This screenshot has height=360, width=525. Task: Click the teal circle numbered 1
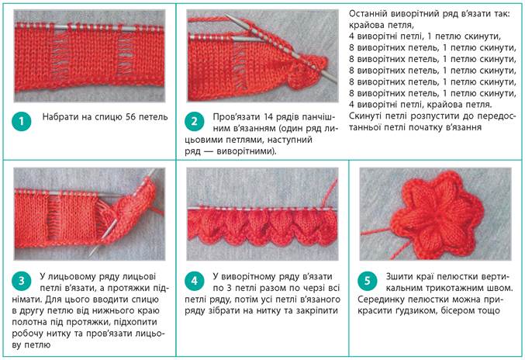pyautogui.click(x=22, y=121)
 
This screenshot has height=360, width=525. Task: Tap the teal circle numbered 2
pyautogui.click(x=194, y=121)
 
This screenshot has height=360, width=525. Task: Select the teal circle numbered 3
pyautogui.click(x=22, y=281)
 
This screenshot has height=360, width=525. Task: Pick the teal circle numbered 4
pyautogui.click(x=194, y=281)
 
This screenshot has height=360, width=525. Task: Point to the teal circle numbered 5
pyautogui.click(x=368, y=281)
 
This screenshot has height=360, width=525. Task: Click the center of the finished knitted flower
pyautogui.click(x=437, y=214)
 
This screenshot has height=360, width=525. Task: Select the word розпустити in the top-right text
pyautogui.click(x=432, y=116)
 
